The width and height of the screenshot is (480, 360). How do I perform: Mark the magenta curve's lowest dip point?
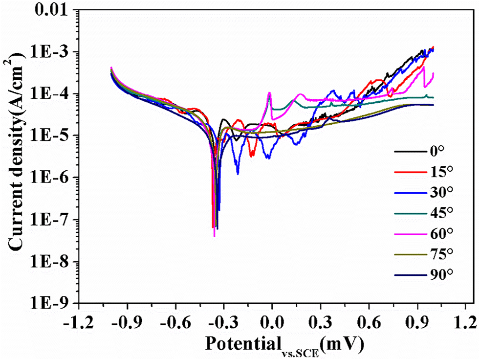(214, 236)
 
